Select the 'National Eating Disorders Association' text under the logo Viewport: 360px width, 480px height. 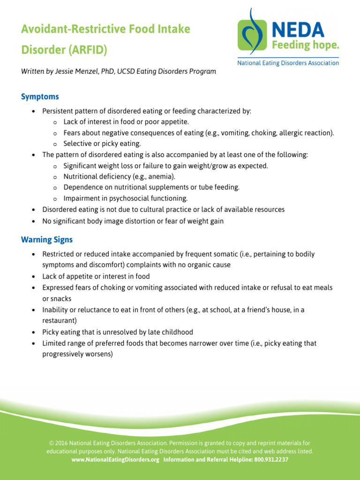288,63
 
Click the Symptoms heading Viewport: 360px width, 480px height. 40,97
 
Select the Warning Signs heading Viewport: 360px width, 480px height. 47,240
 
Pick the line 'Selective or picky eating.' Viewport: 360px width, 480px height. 102,143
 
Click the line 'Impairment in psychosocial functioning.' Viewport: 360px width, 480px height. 125,198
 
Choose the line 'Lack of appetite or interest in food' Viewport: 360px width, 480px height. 96,276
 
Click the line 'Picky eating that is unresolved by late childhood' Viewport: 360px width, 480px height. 118,332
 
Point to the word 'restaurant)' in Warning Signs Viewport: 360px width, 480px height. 60,321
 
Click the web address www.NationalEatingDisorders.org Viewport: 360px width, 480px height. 115,460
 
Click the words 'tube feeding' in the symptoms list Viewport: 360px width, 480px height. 220,187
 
